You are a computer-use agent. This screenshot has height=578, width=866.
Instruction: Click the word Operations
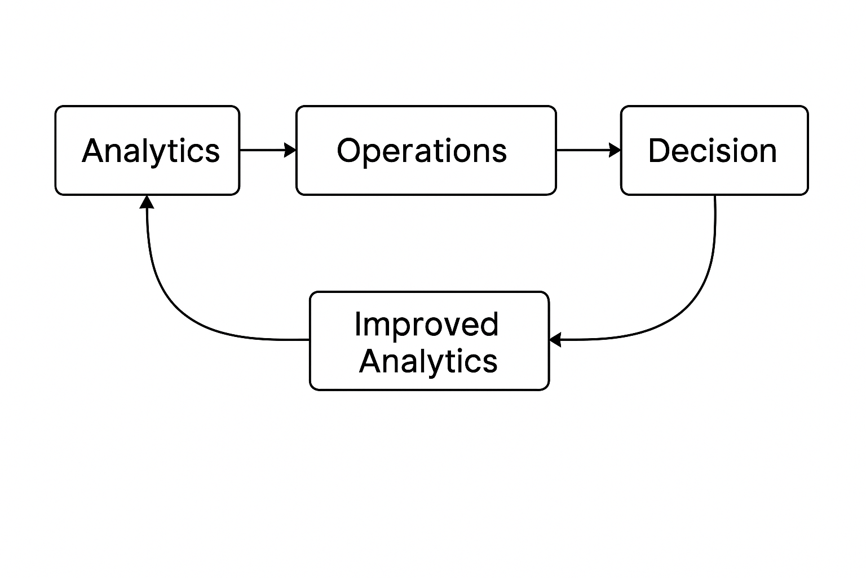[x=422, y=151]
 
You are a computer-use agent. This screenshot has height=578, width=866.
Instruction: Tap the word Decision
[x=712, y=151]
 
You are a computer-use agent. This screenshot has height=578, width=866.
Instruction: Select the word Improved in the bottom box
[x=426, y=324]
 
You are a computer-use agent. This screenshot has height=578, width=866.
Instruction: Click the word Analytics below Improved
[x=428, y=361]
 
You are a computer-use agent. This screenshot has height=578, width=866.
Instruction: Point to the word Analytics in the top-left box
[x=151, y=151]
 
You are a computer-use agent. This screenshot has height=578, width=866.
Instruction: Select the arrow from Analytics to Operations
[x=265, y=150]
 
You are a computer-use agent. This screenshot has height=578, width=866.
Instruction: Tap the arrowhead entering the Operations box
[x=290, y=150]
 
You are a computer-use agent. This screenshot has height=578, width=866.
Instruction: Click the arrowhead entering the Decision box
[x=615, y=150]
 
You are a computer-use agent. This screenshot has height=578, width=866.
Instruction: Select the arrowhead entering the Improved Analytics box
[x=555, y=340]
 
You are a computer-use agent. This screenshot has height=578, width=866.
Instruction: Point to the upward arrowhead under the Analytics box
[x=147, y=202]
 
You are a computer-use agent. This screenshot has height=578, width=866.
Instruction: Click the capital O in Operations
[x=349, y=151]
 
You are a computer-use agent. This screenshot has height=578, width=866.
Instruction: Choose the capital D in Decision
[x=660, y=151]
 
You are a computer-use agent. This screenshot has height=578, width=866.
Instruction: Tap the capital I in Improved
[x=357, y=324]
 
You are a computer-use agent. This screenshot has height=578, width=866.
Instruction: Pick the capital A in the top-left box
[x=94, y=151]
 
